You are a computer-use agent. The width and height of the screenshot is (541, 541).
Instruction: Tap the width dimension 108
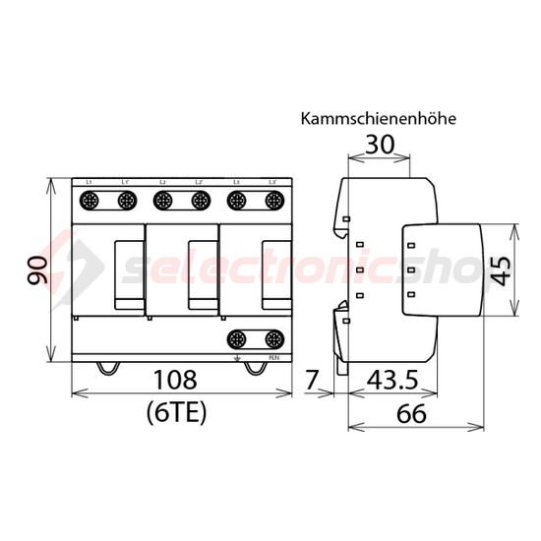pos(177,380)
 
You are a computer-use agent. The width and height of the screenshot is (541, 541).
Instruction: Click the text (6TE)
pos(177,412)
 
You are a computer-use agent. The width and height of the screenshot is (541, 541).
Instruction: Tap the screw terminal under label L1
pos(89,201)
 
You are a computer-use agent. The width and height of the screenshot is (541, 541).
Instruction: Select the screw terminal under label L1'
pos(125,201)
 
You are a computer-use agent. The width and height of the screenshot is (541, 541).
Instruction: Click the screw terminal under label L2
pos(162,201)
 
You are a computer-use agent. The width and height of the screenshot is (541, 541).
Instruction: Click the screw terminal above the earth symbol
pos(236,339)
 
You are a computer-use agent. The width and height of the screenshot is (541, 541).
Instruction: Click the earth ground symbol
pos(236,358)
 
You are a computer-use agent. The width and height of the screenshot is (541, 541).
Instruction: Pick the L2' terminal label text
pos(199,183)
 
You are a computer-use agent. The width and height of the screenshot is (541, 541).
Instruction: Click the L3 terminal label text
pos(236,183)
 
